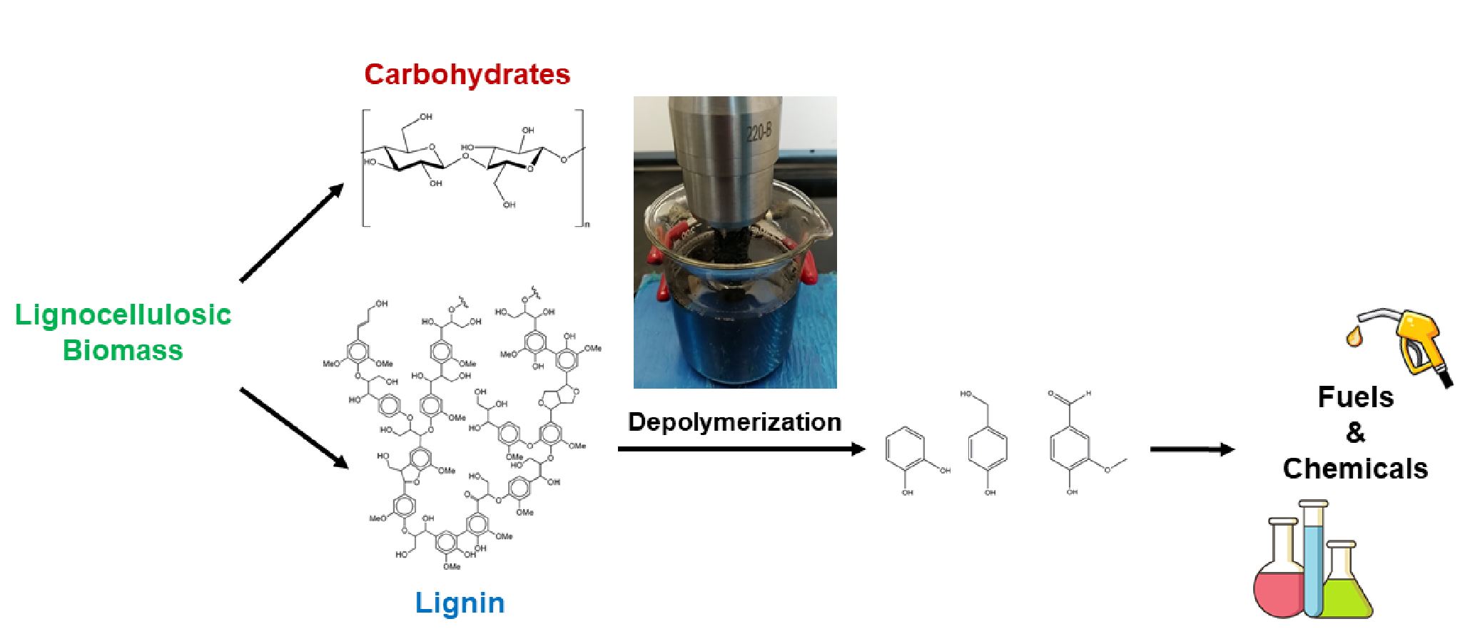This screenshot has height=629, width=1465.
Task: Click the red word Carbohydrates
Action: [467, 74]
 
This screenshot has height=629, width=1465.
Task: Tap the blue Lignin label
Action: [460, 603]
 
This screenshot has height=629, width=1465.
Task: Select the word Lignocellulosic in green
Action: [123, 314]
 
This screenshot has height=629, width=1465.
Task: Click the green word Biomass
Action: [123, 350]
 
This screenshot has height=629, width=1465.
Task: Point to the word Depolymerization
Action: [734, 421]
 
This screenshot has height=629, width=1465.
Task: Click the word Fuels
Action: [1355, 397]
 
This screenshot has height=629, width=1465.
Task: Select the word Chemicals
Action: [1355, 469]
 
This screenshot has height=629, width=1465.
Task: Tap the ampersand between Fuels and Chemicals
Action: [1355, 433]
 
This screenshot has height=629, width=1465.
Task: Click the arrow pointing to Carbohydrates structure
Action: [291, 232]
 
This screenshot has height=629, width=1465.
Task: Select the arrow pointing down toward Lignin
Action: [294, 428]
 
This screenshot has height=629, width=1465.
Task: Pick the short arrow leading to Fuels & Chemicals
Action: [1192, 449]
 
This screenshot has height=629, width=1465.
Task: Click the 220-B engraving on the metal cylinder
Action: [758, 133]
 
